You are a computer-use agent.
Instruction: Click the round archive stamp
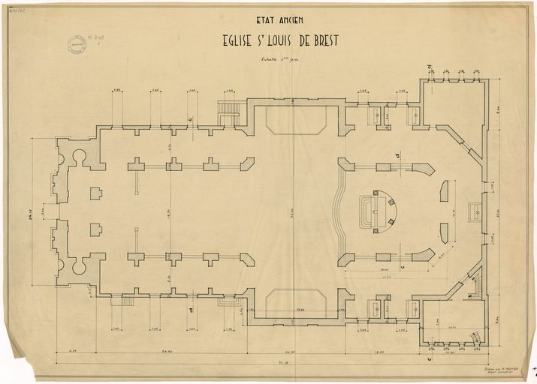tap(76, 45)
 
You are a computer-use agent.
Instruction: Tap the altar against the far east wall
tap(475, 211)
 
